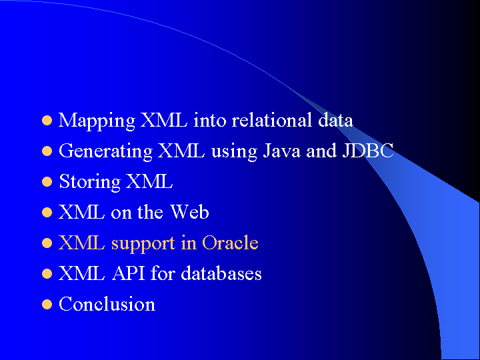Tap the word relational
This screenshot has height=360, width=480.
[x=272, y=120]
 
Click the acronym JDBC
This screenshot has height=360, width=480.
[x=368, y=151]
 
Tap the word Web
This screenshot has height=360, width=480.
[x=189, y=212]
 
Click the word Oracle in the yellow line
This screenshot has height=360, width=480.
[x=230, y=243]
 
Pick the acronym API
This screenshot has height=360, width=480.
[x=128, y=273]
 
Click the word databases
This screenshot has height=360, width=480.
[x=221, y=273]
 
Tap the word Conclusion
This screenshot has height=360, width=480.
[x=107, y=304]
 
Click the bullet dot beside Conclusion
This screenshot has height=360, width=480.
[x=47, y=304]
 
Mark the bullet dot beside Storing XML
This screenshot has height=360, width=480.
[x=47, y=182]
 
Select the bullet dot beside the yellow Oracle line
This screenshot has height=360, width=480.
[x=47, y=243]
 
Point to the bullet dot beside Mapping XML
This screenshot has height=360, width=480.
[x=47, y=120]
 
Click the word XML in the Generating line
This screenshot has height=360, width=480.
[x=181, y=151]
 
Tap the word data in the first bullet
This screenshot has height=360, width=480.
[x=335, y=120]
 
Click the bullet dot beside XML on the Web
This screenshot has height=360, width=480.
[x=47, y=213]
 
